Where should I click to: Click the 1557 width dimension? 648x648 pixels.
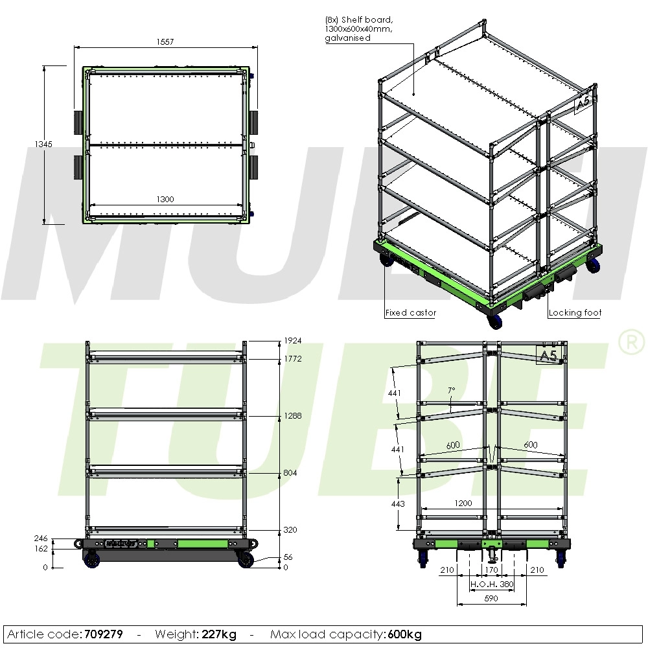coord(165,41)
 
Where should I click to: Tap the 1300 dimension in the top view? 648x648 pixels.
coord(165,200)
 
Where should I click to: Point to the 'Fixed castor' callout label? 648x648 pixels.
coord(411,313)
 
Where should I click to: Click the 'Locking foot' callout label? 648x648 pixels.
coord(575,313)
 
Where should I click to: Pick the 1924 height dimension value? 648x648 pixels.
coord(293,341)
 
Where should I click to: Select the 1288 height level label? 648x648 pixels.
coord(293,416)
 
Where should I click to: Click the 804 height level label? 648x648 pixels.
coord(290,473)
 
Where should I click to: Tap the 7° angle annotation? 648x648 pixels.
coord(451,391)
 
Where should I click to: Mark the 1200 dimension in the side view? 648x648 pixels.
coord(463,503)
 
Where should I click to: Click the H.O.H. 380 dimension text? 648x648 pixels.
coord(492,584)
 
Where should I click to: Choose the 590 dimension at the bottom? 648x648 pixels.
coord(491,599)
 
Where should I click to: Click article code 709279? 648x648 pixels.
coord(103,634)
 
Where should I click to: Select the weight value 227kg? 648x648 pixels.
coord(218,634)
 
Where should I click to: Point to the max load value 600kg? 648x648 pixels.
coord(405,634)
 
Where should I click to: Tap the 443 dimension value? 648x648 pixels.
coord(398,503)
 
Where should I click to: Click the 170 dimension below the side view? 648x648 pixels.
coord(491,570)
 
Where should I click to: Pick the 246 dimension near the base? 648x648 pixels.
coord(41,538)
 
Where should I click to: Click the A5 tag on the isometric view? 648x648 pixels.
coord(583,102)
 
